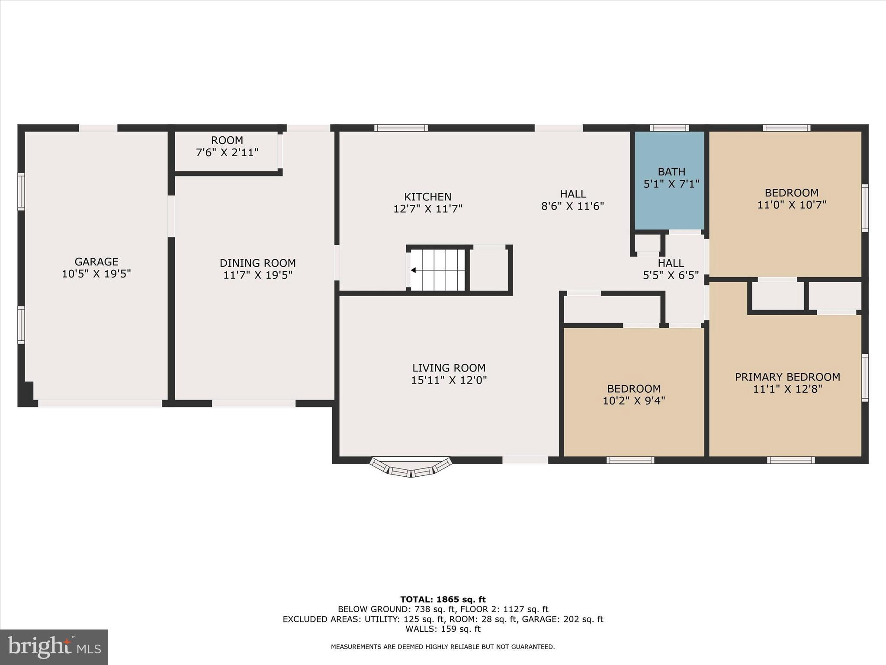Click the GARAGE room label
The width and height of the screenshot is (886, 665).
96,262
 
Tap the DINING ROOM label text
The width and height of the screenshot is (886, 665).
257,263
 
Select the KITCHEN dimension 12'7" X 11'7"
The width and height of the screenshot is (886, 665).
427,209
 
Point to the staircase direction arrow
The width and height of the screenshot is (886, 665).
414,270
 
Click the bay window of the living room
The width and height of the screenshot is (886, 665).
411,468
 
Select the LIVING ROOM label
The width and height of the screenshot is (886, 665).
449,368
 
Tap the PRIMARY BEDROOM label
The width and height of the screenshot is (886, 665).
787,377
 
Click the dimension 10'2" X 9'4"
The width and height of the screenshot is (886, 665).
633,401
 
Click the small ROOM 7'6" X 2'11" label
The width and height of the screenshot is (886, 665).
227,146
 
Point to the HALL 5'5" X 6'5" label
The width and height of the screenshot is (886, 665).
671,269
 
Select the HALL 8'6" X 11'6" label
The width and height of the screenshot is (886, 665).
572,200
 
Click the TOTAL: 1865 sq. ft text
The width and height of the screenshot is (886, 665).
443,600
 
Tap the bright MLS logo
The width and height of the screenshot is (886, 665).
54,647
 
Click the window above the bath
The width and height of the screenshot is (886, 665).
669,128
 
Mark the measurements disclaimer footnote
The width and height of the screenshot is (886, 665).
443,647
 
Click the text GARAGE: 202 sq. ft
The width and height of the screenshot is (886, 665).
562,619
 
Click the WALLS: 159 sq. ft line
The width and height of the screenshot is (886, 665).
443,629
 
